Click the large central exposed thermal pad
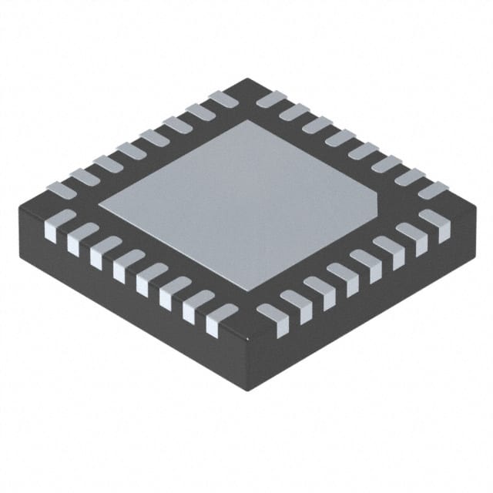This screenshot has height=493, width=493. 239,204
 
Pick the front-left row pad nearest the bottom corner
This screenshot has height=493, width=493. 220,318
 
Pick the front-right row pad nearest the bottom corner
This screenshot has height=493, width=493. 272,318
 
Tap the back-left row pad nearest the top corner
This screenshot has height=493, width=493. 223,98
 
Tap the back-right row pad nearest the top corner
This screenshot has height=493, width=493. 270,98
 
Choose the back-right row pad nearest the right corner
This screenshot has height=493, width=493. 433,189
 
